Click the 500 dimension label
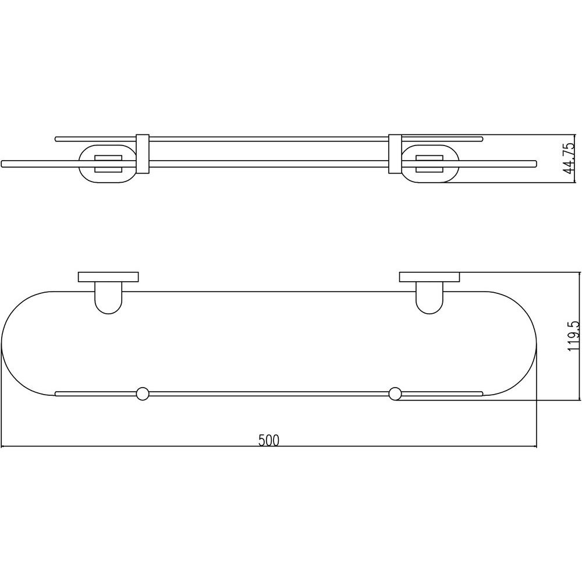click(x=269, y=440)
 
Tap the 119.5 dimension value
click(x=573, y=336)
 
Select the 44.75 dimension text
click(x=568, y=158)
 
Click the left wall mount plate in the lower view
click(x=108, y=277)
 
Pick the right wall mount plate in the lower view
click(x=430, y=277)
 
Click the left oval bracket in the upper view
click(x=79, y=164)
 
